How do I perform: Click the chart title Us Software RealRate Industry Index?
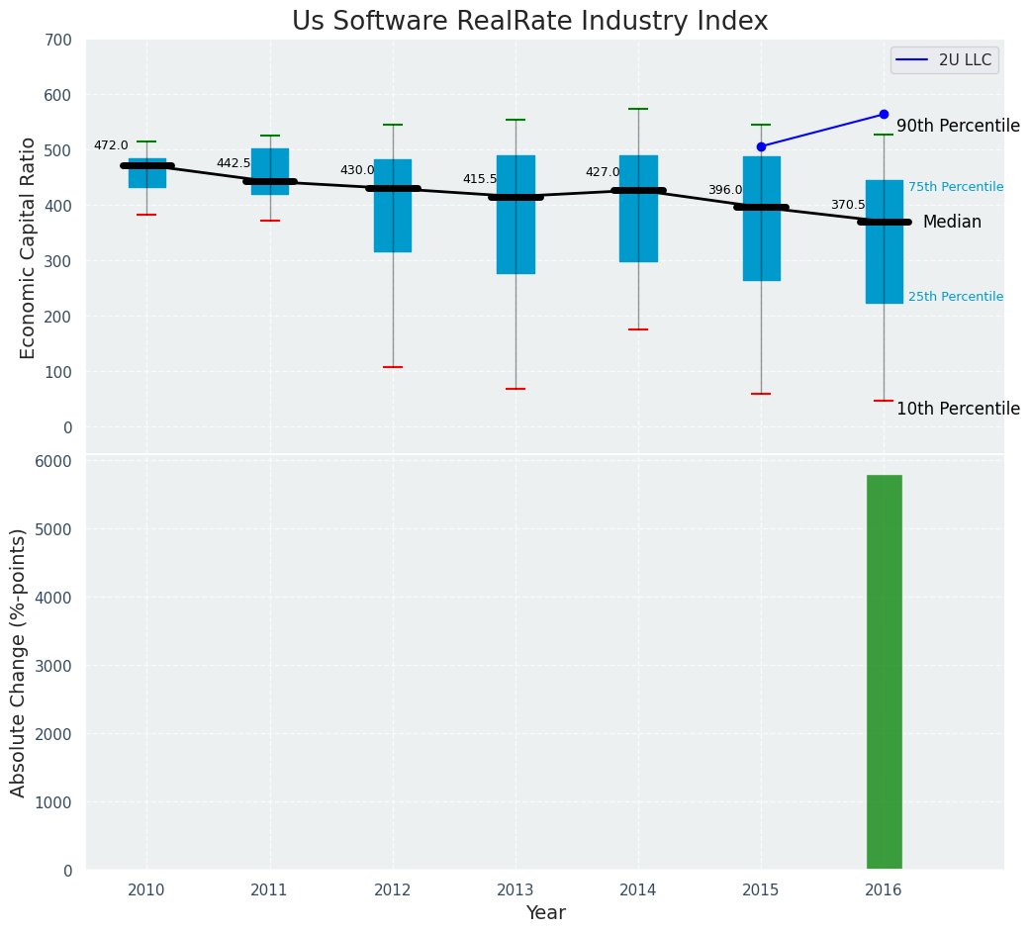coord(529,22)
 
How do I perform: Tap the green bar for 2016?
coord(884,672)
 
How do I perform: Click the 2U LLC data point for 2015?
coord(761,146)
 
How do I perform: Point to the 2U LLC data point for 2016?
coord(884,115)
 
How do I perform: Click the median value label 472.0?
coord(111,145)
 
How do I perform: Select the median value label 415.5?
coord(480,179)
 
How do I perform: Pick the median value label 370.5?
coord(848,205)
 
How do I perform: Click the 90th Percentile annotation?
coord(958,126)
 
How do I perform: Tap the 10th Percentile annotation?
coord(958,409)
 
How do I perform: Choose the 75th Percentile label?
coord(956,187)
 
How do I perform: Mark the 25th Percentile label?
coord(956,297)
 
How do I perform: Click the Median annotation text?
coord(952,223)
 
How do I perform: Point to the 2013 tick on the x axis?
coord(515,889)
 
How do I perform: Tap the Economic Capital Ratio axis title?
coord(29,247)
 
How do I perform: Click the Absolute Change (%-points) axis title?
coord(19,662)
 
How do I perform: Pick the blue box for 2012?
coord(393,206)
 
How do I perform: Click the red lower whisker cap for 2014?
coord(638,329)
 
